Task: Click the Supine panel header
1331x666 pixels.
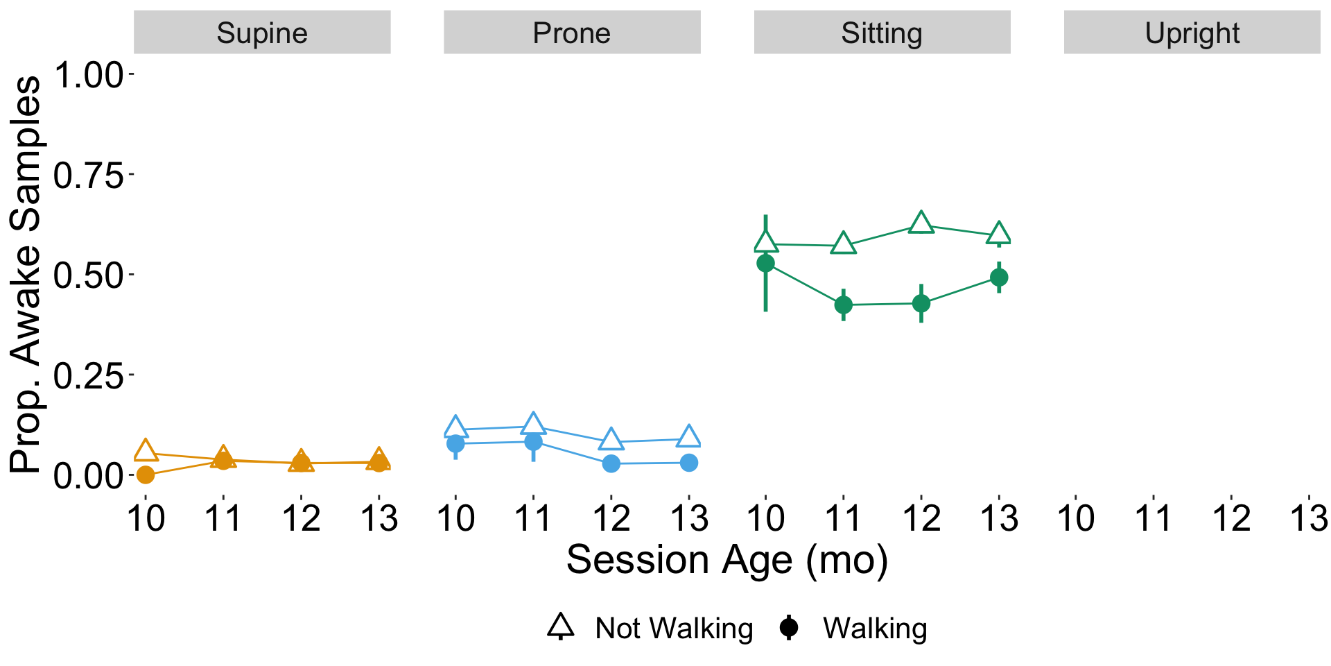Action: (x=262, y=33)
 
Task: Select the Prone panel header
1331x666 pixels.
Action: (x=572, y=33)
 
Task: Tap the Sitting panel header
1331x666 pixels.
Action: (x=882, y=33)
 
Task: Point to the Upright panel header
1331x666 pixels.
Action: (x=1192, y=33)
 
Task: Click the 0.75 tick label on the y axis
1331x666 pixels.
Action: (x=88, y=176)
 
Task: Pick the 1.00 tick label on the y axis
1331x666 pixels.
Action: (x=88, y=75)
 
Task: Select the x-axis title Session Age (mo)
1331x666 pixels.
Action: (x=727, y=560)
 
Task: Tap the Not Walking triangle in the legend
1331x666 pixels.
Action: (x=561, y=626)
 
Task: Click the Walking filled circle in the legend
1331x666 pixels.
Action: (x=788, y=628)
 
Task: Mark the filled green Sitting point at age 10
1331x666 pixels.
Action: (x=765, y=263)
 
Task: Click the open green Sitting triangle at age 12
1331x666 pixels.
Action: (x=921, y=223)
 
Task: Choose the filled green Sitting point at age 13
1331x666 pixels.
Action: (x=999, y=277)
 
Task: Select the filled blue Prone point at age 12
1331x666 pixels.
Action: (x=611, y=463)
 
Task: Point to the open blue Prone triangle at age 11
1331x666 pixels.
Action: (x=533, y=423)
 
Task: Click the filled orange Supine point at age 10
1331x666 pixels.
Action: (x=146, y=475)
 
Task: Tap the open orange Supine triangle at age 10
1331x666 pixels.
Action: (x=146, y=450)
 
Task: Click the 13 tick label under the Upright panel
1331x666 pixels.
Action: (x=1309, y=519)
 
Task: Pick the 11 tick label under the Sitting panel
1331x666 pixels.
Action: (x=844, y=519)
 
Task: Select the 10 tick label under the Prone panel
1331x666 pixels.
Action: (x=455, y=519)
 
